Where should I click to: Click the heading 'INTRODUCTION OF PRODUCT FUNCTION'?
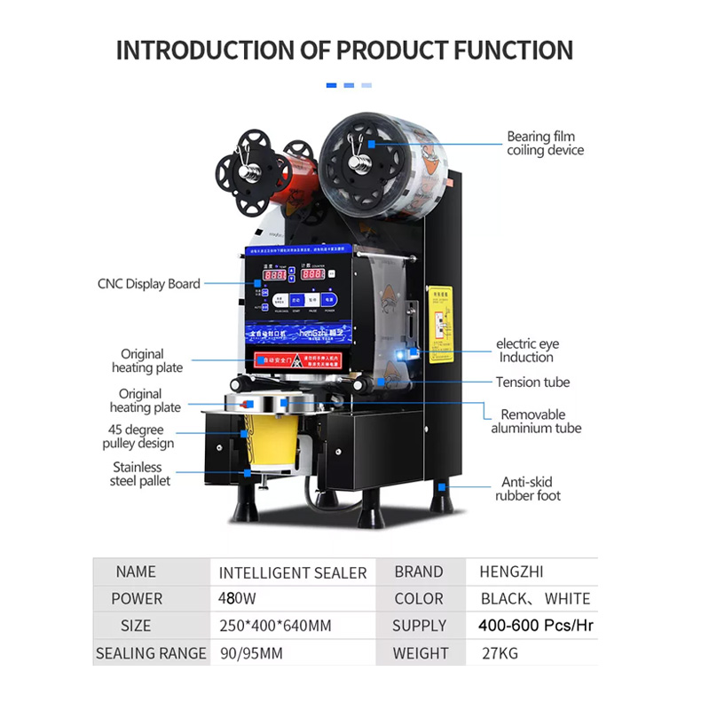pos(344,50)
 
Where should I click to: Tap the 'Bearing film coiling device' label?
pos(545,144)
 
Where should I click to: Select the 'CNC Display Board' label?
pos(148,284)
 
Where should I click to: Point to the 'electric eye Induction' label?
pos(525,351)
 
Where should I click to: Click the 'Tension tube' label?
pos(532,383)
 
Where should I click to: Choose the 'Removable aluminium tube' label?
pos(537,422)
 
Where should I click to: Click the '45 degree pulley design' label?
pos(140,437)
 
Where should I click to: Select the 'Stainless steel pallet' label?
pos(141,474)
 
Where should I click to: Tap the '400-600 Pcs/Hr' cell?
pos(535,626)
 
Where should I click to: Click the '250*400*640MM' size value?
pos(275,626)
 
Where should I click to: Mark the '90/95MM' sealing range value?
pos(251,653)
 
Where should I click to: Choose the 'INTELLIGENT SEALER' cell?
pos(293,572)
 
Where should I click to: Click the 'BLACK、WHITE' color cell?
pos(535,599)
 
